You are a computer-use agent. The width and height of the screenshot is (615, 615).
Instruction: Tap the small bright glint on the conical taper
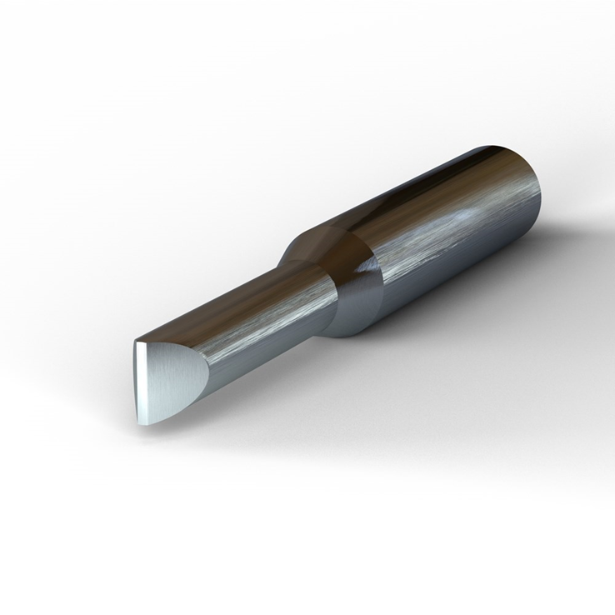(x=363, y=268)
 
